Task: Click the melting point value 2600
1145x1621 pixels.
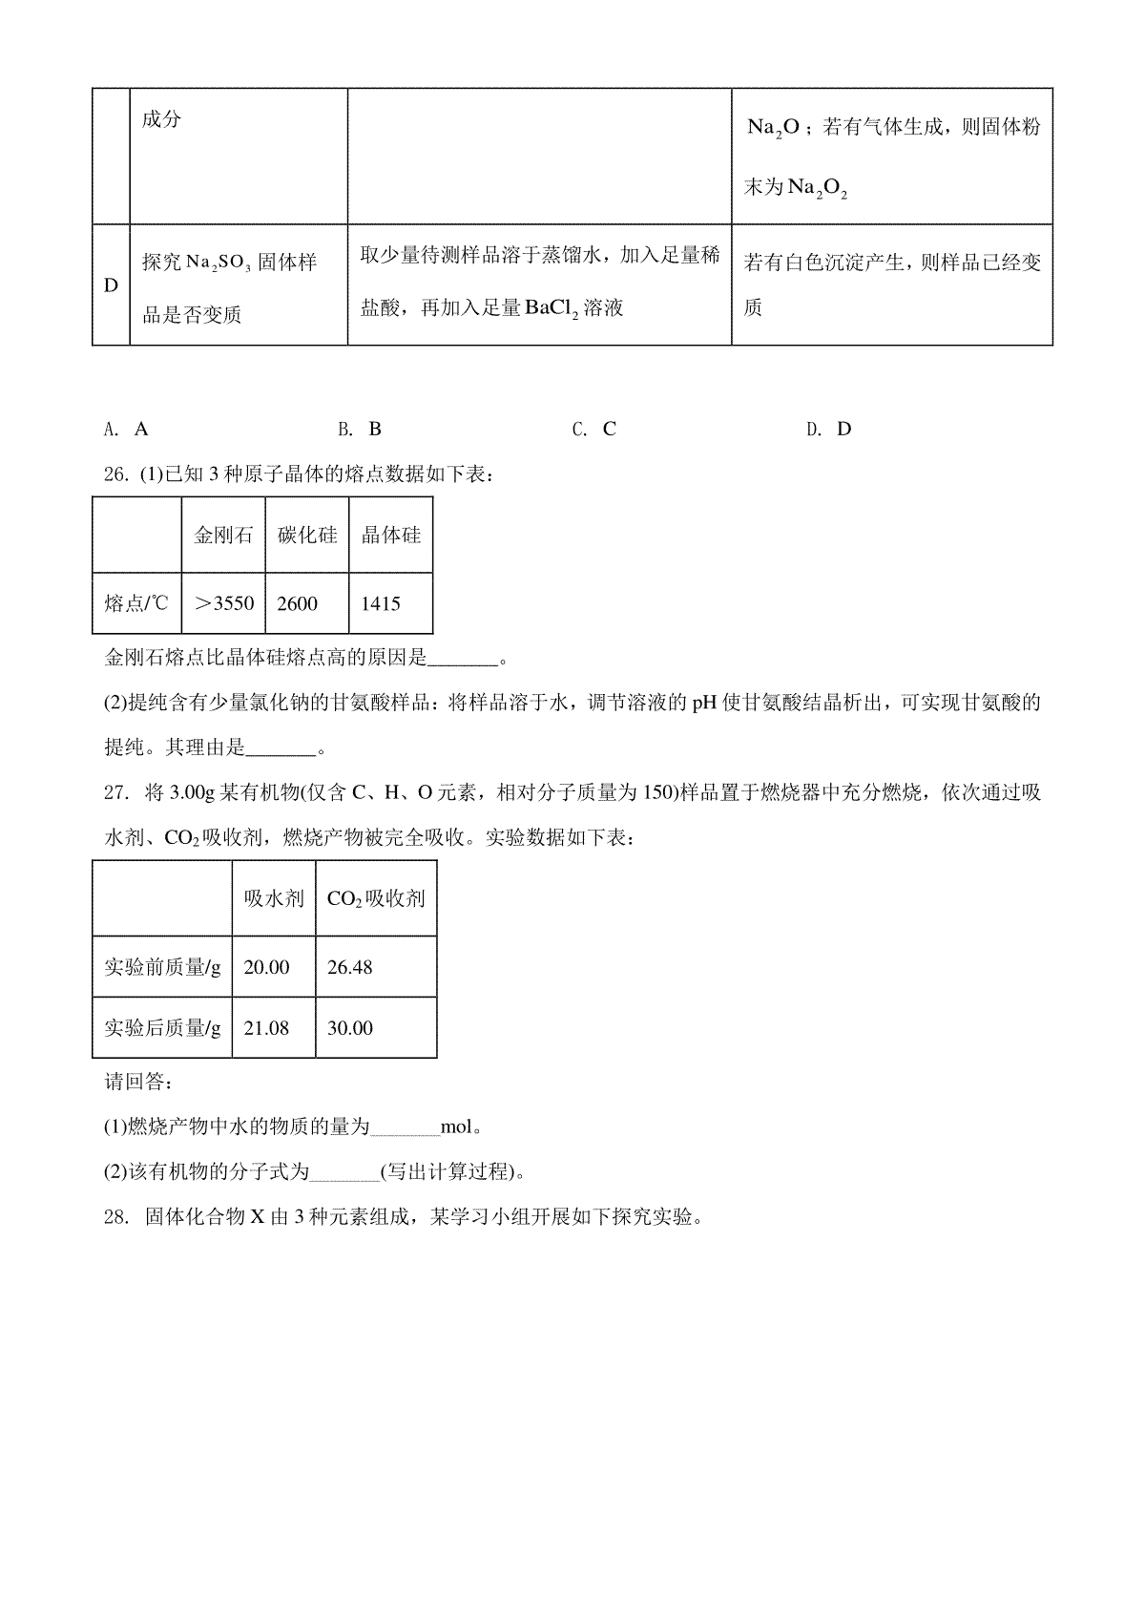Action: click(297, 603)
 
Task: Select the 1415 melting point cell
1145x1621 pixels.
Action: click(381, 603)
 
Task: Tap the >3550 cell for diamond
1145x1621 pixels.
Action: click(224, 603)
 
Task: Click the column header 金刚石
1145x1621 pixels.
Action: click(224, 535)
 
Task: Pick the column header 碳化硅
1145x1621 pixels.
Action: click(307, 535)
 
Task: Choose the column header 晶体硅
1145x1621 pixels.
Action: click(390, 535)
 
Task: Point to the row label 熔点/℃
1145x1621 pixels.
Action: click(135, 603)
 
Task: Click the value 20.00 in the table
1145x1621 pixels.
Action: click(266, 967)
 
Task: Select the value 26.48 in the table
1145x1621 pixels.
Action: click(349, 967)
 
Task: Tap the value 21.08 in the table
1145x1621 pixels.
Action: click(266, 1028)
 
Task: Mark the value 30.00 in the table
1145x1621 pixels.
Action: click(349, 1028)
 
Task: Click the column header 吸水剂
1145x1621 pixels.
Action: click(274, 898)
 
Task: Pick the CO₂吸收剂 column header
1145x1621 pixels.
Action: click(376, 898)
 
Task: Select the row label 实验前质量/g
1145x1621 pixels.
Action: click(162, 967)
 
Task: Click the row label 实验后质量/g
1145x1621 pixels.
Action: click(162, 1028)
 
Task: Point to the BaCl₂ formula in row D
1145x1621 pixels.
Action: click(552, 307)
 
